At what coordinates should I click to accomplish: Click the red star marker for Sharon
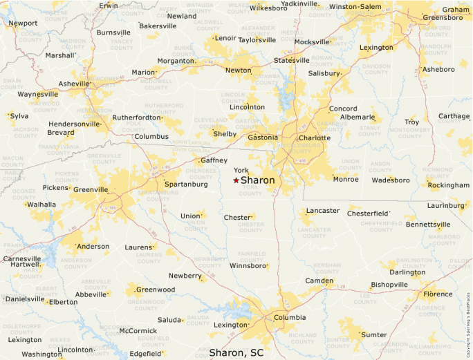pyautogui.click(x=236, y=180)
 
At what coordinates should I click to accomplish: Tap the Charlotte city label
pyautogui.click(x=315, y=138)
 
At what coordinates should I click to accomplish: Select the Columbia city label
pyautogui.click(x=290, y=318)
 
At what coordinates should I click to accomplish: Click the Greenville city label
pyautogui.click(x=91, y=189)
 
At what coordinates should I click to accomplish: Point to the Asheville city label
pyautogui.click(x=75, y=84)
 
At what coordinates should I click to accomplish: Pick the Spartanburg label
pyautogui.click(x=186, y=184)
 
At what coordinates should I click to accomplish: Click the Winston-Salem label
pyautogui.click(x=355, y=6)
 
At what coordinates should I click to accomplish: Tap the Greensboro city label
pyautogui.click(x=443, y=17)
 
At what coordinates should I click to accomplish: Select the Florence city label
pyautogui.click(x=438, y=294)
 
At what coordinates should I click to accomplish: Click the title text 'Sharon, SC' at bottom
pyautogui.click(x=236, y=352)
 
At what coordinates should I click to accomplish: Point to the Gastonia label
pyautogui.click(x=262, y=137)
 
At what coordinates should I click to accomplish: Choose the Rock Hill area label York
pyautogui.click(x=241, y=170)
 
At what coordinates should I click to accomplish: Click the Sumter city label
pyautogui.click(x=374, y=334)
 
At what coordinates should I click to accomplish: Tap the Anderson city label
pyautogui.click(x=93, y=246)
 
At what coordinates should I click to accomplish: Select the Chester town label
pyautogui.click(x=236, y=218)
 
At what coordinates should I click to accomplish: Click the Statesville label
pyautogui.click(x=292, y=60)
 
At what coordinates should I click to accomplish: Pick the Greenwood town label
pyautogui.click(x=156, y=290)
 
